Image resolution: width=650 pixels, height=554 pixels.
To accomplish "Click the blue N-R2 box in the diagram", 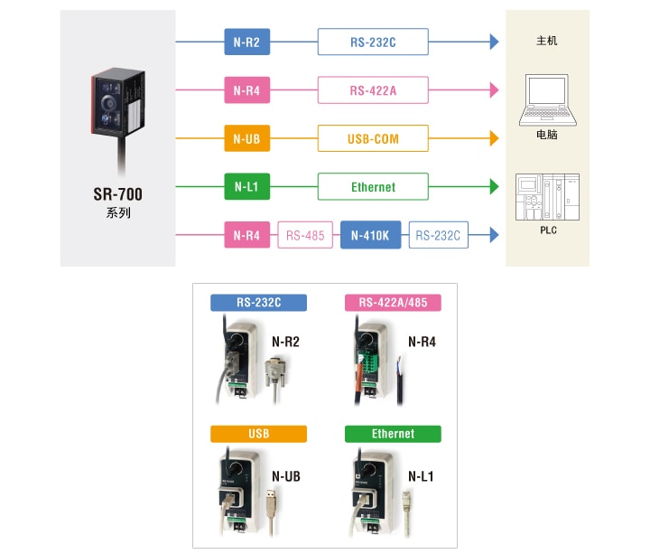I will [x=246, y=41].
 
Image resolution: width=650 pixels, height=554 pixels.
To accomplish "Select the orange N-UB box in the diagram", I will [x=246, y=139].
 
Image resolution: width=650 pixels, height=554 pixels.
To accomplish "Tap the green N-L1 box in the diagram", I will [x=246, y=187].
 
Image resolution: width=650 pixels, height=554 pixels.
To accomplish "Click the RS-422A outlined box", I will [x=373, y=89].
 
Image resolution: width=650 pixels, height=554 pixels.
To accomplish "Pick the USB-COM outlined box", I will [x=373, y=139].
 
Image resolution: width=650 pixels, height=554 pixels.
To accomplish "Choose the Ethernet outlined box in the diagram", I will [x=373, y=187].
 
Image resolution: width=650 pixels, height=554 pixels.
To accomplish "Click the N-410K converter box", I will [x=370, y=236].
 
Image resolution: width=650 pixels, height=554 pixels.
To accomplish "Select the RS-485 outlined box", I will [x=305, y=236].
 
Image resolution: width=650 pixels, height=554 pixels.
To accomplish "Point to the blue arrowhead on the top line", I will [x=493, y=41].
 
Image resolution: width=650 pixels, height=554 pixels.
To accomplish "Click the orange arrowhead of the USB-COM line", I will [x=493, y=139].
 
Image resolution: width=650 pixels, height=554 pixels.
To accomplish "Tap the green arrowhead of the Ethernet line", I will [x=493, y=187].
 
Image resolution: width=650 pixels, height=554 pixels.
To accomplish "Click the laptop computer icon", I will [x=547, y=99].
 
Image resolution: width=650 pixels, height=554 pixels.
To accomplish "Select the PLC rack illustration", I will [x=546, y=198].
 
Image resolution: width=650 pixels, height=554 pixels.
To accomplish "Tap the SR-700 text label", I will [x=117, y=194].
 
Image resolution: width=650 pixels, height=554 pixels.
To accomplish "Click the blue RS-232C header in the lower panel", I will [x=258, y=303].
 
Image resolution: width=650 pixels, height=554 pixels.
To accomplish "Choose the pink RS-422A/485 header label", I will [x=393, y=303].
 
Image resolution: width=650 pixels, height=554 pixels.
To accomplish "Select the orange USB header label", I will [x=258, y=434].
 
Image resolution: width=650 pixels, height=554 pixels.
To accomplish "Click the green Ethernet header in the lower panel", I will [x=393, y=434].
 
